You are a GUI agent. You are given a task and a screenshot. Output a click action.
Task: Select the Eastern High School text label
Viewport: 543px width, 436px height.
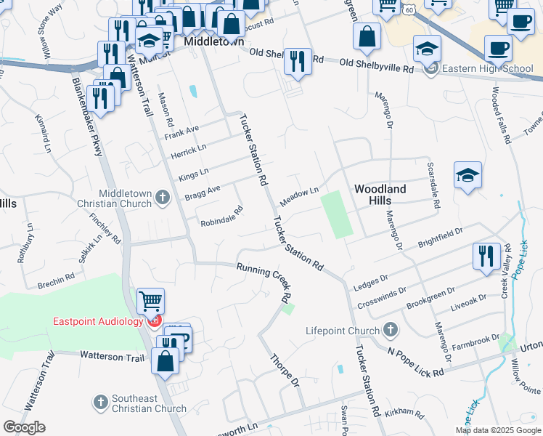tap(488, 69)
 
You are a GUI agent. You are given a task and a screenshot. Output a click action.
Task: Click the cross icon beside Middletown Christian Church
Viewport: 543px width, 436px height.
tap(163, 197)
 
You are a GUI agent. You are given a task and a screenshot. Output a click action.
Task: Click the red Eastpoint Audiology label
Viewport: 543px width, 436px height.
tap(98, 321)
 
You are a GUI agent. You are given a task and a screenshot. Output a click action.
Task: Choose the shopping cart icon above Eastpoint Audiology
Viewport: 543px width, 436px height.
tap(151, 300)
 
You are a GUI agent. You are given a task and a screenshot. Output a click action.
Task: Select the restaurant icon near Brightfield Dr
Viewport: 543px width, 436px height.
tap(486, 256)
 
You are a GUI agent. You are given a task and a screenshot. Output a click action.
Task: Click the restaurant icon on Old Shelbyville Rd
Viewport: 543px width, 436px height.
tap(298, 61)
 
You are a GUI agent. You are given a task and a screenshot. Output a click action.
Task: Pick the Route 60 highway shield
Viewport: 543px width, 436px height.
tap(410, 10)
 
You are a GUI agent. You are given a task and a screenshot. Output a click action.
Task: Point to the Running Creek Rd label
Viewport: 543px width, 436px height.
tap(264, 282)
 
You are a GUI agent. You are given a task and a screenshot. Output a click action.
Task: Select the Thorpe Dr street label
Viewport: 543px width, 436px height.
tap(285, 370)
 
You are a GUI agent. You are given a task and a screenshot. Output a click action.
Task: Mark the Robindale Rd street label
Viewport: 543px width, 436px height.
tap(221, 217)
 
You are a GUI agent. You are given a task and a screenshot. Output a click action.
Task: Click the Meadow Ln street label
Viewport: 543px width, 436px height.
tap(299, 196)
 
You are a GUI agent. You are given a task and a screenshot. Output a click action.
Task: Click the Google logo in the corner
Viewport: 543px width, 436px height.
tap(24, 427)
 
